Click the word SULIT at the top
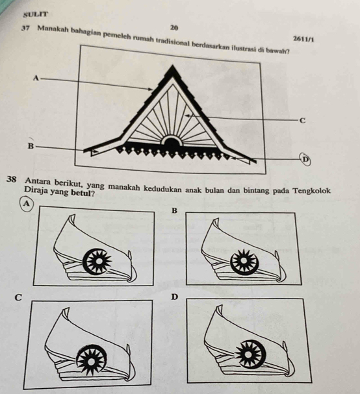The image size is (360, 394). pos(35,14)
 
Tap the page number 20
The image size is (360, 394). pos(174,27)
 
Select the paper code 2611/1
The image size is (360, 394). pos(303,39)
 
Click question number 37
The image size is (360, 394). pos(26,28)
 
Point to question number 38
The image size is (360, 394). pos(12,180)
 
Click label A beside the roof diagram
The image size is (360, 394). pos(36,78)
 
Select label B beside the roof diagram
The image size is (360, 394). pos(31,146)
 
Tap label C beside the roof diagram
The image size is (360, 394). pos(302,121)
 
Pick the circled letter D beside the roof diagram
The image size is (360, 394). pos(305,159)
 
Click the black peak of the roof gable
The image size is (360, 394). pos(173,70)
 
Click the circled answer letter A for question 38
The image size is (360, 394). pos(26,203)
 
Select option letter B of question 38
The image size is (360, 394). pos(174,210)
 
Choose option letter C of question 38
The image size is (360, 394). pos(18,297)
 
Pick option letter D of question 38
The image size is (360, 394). pos(174,297)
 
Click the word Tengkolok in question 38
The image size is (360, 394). pos(313,191)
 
